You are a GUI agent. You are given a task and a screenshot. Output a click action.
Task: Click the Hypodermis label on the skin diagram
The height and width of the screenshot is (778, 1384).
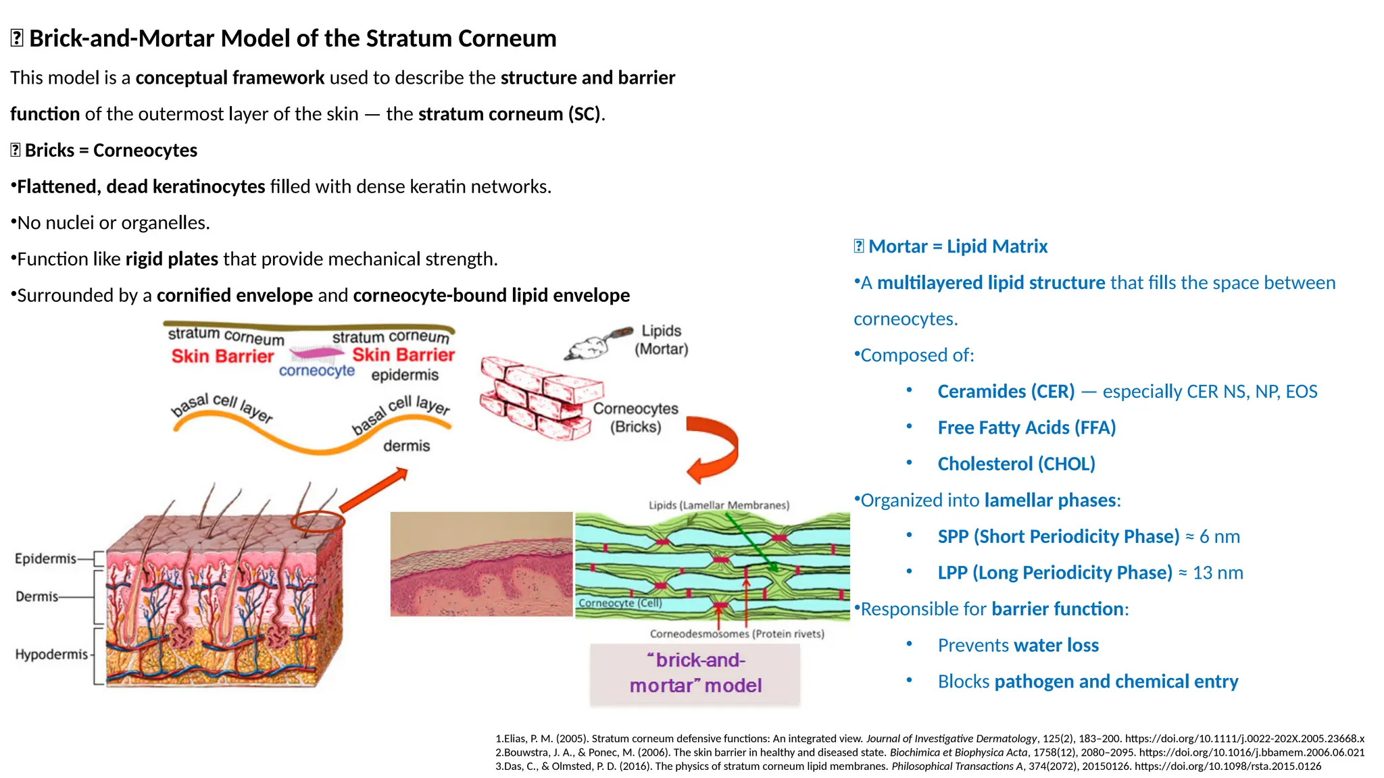pos(51,654)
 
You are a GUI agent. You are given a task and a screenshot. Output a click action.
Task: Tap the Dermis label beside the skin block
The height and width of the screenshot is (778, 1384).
pos(37,596)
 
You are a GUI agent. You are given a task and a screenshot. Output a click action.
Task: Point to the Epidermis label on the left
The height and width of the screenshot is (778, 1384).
pos(45,559)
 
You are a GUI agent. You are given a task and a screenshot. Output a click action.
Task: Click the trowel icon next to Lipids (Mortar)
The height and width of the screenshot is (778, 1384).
pos(598,343)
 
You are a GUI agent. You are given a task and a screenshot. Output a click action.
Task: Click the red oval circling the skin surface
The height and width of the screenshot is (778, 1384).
pos(318,521)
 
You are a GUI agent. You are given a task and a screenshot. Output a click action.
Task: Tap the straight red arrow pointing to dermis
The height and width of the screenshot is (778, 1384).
pos(374,490)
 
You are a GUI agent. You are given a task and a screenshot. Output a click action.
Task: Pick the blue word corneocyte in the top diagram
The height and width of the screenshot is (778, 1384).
pos(316,371)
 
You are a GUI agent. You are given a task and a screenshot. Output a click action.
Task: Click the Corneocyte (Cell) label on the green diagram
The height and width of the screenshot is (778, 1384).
pos(620,603)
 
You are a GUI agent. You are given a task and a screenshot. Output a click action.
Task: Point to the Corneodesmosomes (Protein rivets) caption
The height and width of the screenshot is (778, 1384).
pos(737,633)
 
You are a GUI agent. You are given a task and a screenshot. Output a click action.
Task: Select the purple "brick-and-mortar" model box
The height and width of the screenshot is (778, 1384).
pos(695,673)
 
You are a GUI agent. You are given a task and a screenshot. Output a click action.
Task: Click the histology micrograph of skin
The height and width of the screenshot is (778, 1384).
pos(481,564)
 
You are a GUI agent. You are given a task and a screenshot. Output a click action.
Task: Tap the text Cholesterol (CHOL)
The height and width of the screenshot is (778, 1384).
pos(1016,464)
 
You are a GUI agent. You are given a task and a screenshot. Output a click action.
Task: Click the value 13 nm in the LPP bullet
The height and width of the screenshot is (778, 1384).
pos(1218,573)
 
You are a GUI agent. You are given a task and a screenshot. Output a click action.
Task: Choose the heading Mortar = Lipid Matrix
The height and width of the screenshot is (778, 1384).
pos(957,247)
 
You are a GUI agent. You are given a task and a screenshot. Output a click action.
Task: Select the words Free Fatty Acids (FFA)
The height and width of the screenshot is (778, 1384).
pos(1026,427)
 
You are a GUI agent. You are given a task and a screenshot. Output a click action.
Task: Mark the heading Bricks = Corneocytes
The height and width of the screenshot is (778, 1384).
pos(110,150)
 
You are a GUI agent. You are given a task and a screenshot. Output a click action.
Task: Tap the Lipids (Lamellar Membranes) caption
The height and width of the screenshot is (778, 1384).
pos(718,505)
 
